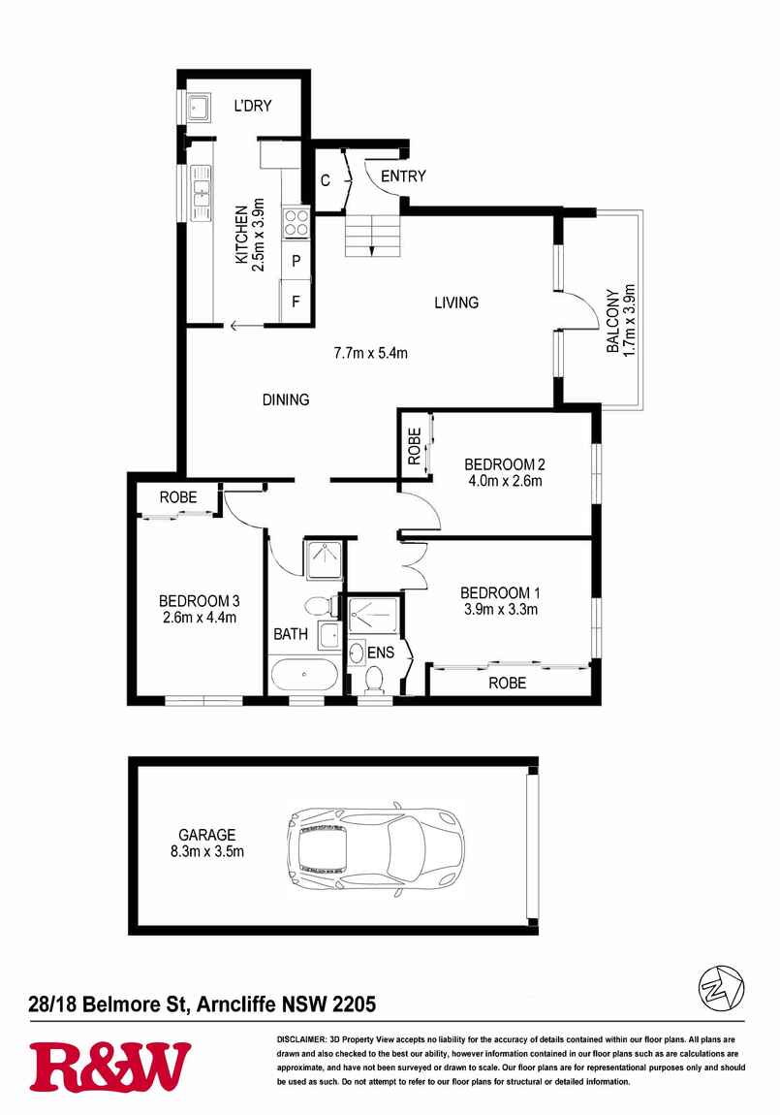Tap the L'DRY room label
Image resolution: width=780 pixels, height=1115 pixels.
point(252,106)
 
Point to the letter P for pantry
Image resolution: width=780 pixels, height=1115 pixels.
point(296,261)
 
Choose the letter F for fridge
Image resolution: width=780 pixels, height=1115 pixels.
point(296,300)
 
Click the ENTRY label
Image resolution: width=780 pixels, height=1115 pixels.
point(403,176)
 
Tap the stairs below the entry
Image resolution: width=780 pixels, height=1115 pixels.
point(372,235)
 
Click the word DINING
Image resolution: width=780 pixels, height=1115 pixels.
point(285,399)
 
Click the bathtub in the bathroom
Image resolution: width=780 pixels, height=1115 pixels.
point(302,674)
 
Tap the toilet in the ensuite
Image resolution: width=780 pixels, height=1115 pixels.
point(371,678)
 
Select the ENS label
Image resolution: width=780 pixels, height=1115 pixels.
point(381,653)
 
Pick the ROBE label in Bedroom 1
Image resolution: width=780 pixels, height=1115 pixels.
point(507,683)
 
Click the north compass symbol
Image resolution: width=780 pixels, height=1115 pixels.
point(720,988)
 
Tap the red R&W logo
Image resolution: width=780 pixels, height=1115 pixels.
point(109,1067)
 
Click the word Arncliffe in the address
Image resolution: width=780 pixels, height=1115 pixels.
point(239,1003)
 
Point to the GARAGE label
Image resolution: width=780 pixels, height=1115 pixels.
point(206,835)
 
